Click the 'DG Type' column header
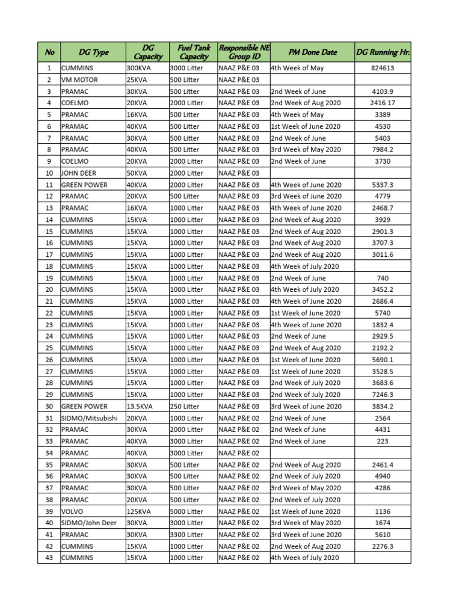coord(93,52)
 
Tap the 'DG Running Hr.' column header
coord(383,52)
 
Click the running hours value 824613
coord(383,68)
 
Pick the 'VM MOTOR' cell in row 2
coord(79,79)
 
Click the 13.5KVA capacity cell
coord(140,406)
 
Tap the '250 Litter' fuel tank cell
coord(186,406)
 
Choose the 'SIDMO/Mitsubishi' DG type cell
coord(89,418)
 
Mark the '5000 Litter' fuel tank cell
coord(186,511)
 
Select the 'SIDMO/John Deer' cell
coord(89,523)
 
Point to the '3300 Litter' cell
coord(186,534)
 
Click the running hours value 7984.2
coord(383,150)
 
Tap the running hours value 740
coord(383,278)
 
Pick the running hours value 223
coord(383,441)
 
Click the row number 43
coord(49,558)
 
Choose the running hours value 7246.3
coord(383,395)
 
